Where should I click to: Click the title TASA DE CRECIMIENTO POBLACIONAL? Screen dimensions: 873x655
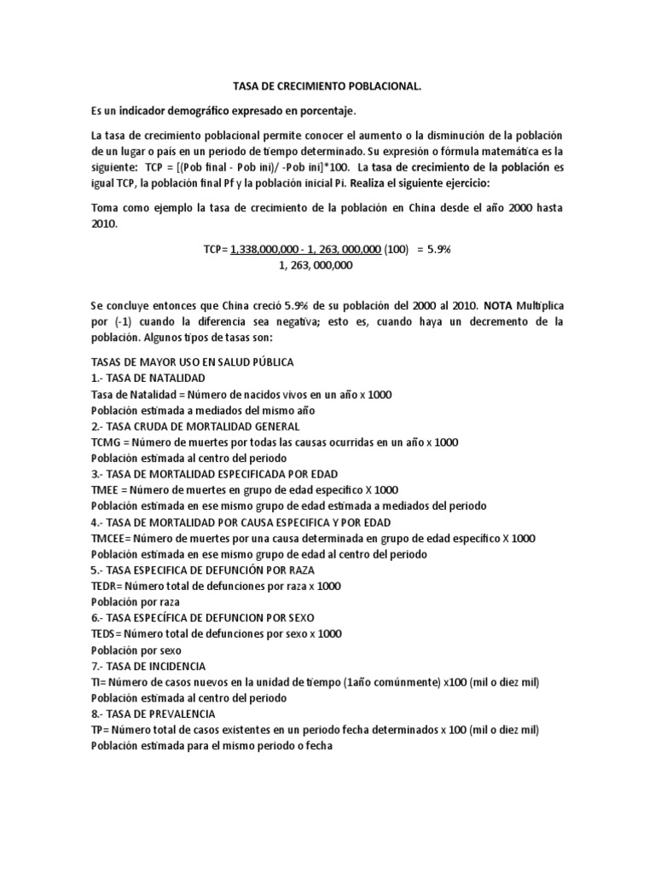(327, 86)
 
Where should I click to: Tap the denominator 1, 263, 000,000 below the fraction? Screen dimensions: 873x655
(315, 265)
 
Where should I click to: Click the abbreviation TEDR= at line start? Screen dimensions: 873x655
(107, 586)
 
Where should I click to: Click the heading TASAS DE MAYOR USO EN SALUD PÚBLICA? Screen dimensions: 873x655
(192, 361)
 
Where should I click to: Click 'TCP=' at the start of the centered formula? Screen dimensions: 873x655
(216, 249)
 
